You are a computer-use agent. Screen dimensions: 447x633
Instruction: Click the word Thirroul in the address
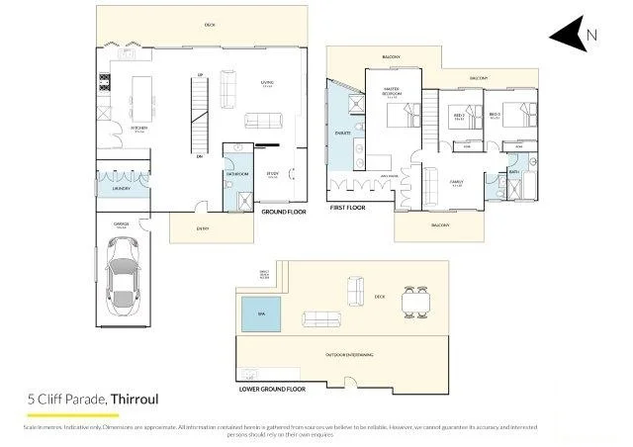click(x=135, y=399)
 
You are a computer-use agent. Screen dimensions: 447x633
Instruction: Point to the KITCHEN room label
click(x=138, y=128)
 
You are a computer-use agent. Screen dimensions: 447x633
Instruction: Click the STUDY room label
click(x=272, y=174)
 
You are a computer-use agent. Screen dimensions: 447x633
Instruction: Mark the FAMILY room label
click(x=457, y=182)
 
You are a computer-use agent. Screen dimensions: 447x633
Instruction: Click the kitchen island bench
click(x=143, y=98)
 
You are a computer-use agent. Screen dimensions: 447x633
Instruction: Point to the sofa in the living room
click(x=228, y=92)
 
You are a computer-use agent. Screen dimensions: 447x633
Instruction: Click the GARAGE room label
click(x=121, y=225)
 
